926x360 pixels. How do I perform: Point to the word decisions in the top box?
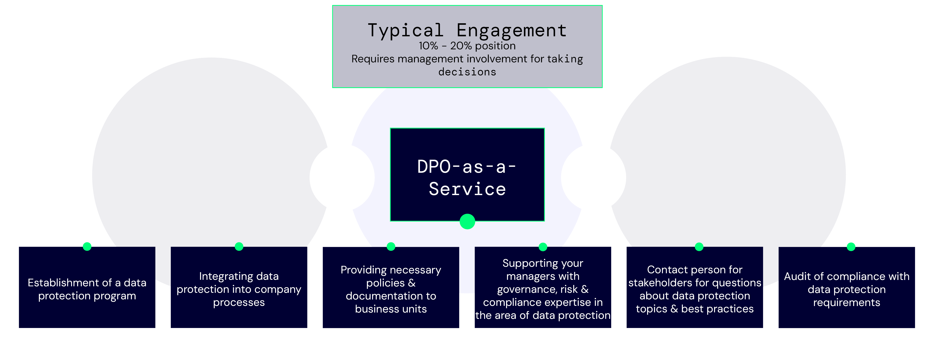coord(467,72)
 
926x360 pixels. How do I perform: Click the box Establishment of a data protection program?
coord(87,288)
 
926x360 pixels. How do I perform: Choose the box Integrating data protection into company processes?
coord(239,288)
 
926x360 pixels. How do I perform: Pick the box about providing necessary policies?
coord(391,288)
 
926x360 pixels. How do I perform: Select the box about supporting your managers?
coord(543,288)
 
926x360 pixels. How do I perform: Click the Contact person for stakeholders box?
coord(695,288)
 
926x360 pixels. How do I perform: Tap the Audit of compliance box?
coord(847,288)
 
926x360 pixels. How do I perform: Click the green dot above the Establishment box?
coord(87,246)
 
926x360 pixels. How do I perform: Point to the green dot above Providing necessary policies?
coord(391,246)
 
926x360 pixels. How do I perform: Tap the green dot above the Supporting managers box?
coord(543,247)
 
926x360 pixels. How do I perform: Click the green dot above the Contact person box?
coord(699,247)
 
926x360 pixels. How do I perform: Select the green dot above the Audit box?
coord(851,247)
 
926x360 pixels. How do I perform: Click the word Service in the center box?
coord(467,189)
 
